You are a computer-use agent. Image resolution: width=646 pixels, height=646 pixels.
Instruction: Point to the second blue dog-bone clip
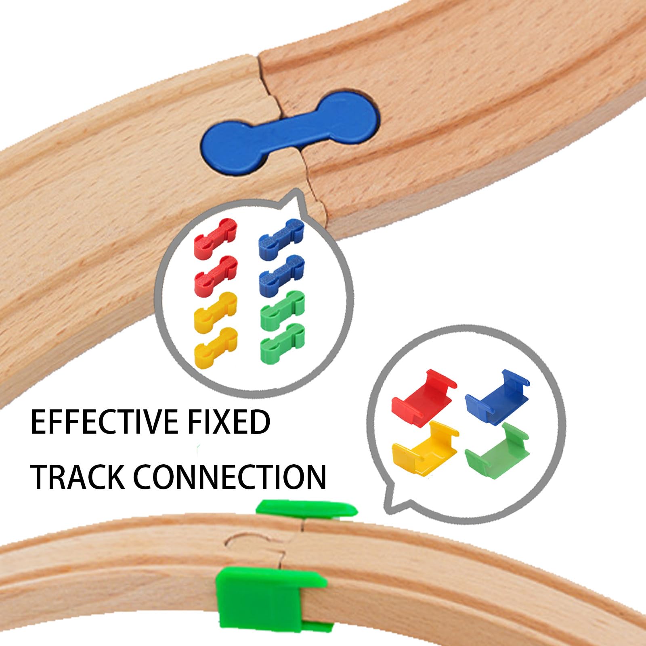click(x=281, y=275)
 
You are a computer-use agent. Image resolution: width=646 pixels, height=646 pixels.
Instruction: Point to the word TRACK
click(x=78, y=477)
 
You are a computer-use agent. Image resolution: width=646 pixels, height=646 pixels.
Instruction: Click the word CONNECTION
click(x=230, y=477)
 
